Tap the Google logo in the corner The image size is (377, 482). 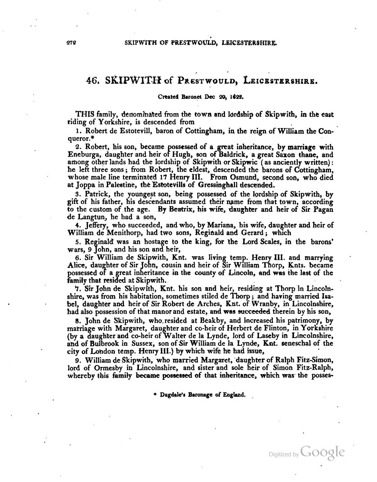(323, 452)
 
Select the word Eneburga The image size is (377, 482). (81, 155)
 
